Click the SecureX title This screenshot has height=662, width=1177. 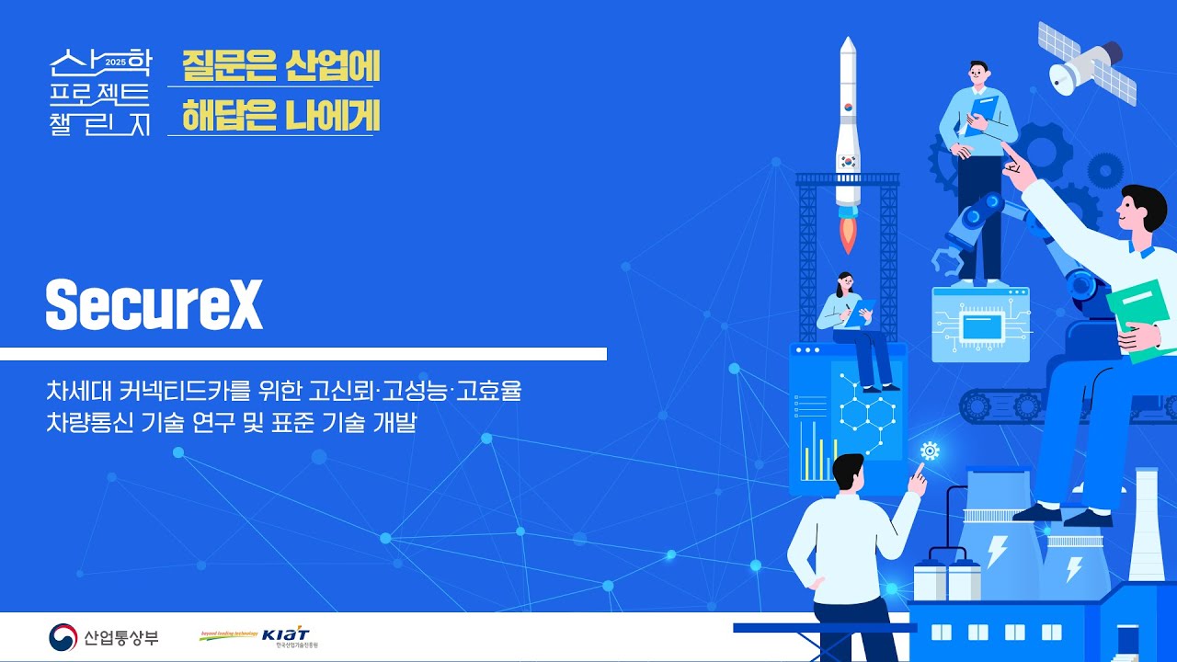[x=154, y=304]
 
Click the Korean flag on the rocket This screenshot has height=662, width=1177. [x=848, y=160]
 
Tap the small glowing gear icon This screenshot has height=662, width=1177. [x=930, y=451]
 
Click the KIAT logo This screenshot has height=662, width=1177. [x=285, y=635]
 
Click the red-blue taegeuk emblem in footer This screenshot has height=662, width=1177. [x=63, y=636]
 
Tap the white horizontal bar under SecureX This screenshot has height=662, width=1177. [x=303, y=354]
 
